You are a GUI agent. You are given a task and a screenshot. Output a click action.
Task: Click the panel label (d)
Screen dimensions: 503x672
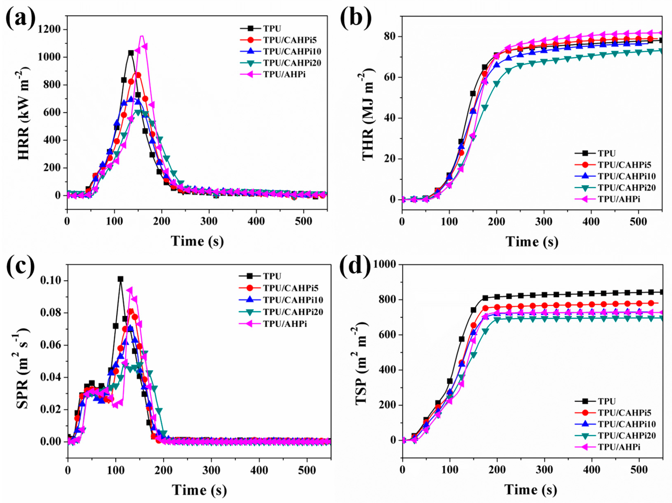pos(355,267)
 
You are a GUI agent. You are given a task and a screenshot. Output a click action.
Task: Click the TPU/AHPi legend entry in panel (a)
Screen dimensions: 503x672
pos(284,74)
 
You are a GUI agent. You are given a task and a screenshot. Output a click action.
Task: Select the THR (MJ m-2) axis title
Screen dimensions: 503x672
pos(369,114)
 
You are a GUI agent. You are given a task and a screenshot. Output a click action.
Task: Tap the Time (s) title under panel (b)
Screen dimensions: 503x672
pos(532,242)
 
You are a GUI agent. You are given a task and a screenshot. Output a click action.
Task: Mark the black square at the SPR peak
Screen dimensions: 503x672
pos(121,279)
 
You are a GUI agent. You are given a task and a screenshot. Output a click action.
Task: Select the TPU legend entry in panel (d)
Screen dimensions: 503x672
pos(607,401)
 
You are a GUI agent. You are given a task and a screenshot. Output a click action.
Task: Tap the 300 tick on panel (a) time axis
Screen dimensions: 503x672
pos(209,221)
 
